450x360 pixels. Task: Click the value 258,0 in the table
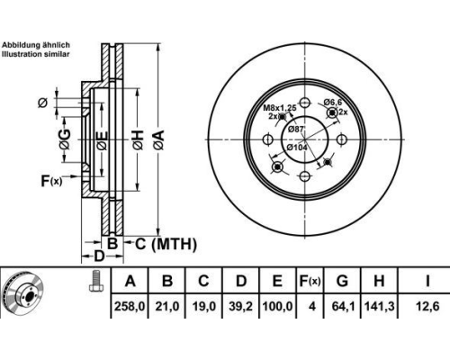point(130,306)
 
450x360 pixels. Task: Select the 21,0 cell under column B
point(167,306)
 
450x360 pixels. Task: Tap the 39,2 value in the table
point(241,306)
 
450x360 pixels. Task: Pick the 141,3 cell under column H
point(379,306)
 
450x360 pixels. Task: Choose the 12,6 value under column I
point(427,306)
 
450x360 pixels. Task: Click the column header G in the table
point(342,281)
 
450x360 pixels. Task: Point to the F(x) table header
point(310,281)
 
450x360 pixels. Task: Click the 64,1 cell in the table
point(343,306)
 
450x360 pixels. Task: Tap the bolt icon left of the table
point(96,281)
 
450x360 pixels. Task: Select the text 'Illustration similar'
point(36,54)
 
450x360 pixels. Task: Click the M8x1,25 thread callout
point(280,107)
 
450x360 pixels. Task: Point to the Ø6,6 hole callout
point(333,103)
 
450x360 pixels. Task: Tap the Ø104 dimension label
point(296,148)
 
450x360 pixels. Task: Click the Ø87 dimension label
point(295,130)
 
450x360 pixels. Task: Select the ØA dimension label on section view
point(158,139)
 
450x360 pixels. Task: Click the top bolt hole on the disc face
point(305,103)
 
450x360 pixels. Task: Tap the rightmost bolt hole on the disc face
point(342,139)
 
